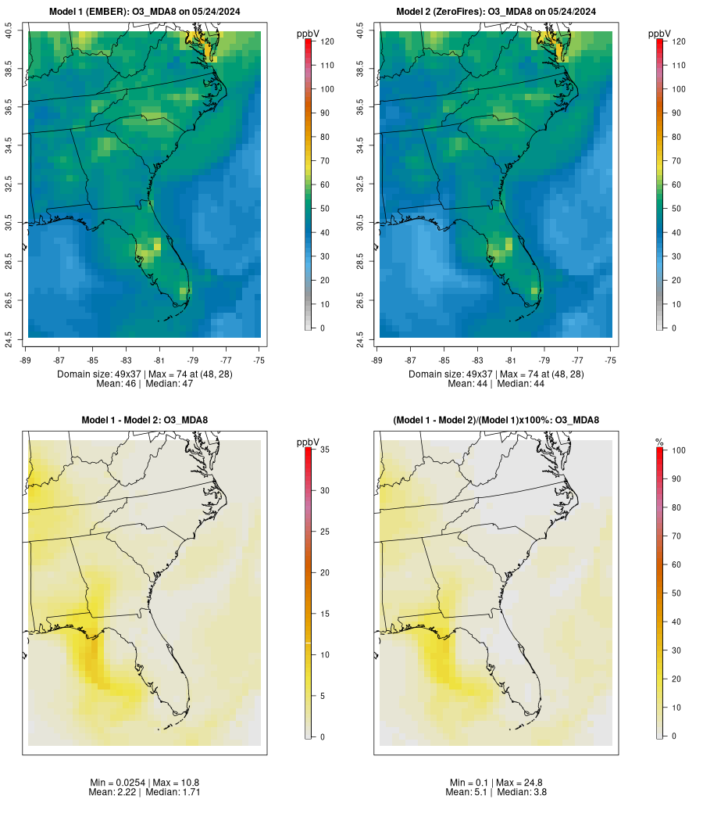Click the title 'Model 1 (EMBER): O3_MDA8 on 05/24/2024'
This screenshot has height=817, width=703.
[145, 11]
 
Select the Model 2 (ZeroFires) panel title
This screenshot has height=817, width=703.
[496, 11]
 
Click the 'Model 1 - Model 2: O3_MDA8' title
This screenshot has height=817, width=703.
[145, 420]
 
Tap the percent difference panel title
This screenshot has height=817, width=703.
[496, 420]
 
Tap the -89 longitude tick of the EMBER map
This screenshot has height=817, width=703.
[26, 359]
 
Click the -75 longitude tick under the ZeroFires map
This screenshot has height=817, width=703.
[611, 359]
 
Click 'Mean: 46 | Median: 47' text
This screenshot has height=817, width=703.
[145, 384]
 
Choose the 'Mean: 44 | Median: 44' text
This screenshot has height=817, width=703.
[496, 384]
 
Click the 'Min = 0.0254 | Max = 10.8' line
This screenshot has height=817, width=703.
[145, 783]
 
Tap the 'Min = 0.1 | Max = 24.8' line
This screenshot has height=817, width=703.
[496, 783]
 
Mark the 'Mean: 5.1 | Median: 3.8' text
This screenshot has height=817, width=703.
[496, 792]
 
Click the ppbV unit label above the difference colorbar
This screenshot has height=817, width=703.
[308, 443]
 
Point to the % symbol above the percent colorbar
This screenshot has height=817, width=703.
[659, 443]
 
